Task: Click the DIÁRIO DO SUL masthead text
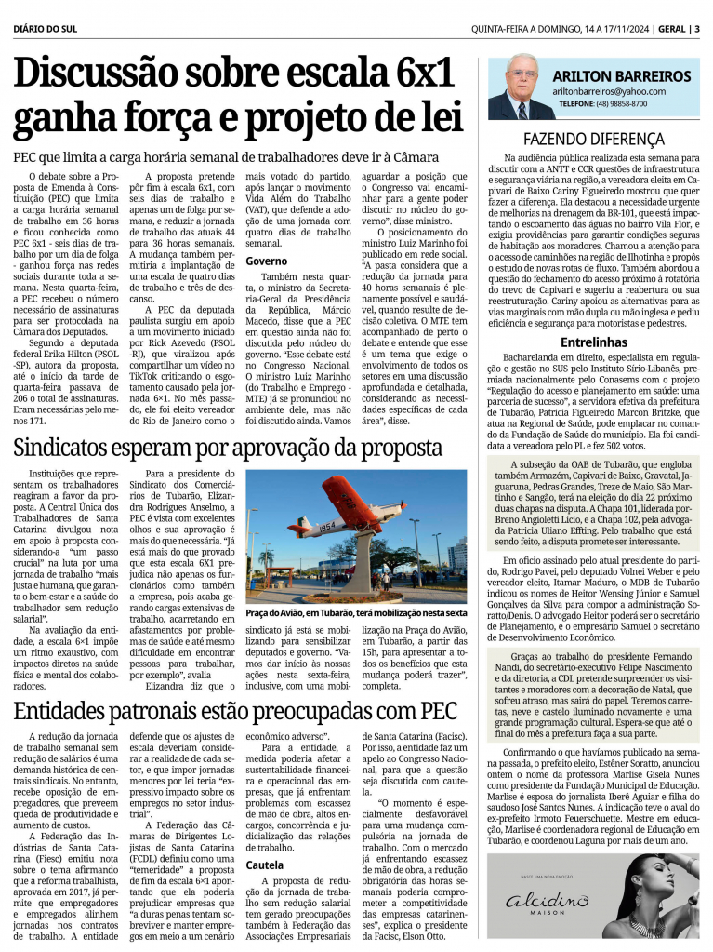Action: [x=46, y=28]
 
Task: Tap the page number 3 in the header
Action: [x=697, y=28]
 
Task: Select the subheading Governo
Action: [x=267, y=261]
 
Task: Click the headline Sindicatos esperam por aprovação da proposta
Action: [x=228, y=449]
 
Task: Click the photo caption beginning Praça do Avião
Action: [x=356, y=613]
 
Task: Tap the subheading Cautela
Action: [x=267, y=865]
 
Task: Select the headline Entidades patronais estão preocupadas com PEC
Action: [x=235, y=713]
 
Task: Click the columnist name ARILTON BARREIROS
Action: [x=621, y=76]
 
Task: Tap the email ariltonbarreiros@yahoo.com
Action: [x=609, y=91]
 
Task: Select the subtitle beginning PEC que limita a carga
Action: [x=212, y=157]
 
